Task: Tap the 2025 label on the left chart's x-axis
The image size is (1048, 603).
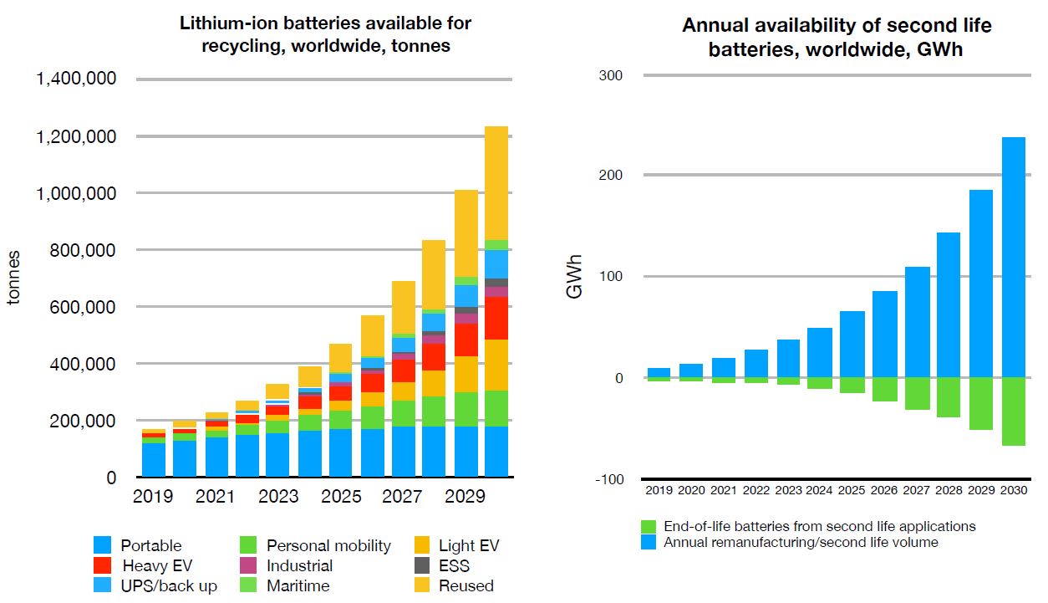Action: pos(340,497)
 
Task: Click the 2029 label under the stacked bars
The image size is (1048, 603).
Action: pos(465,497)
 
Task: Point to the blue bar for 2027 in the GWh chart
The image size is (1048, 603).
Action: pos(916,322)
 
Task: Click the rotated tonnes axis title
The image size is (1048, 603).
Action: pos(14,278)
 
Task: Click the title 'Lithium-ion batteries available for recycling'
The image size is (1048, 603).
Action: pos(326,34)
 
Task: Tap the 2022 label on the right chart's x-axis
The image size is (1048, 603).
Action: pos(755,490)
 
